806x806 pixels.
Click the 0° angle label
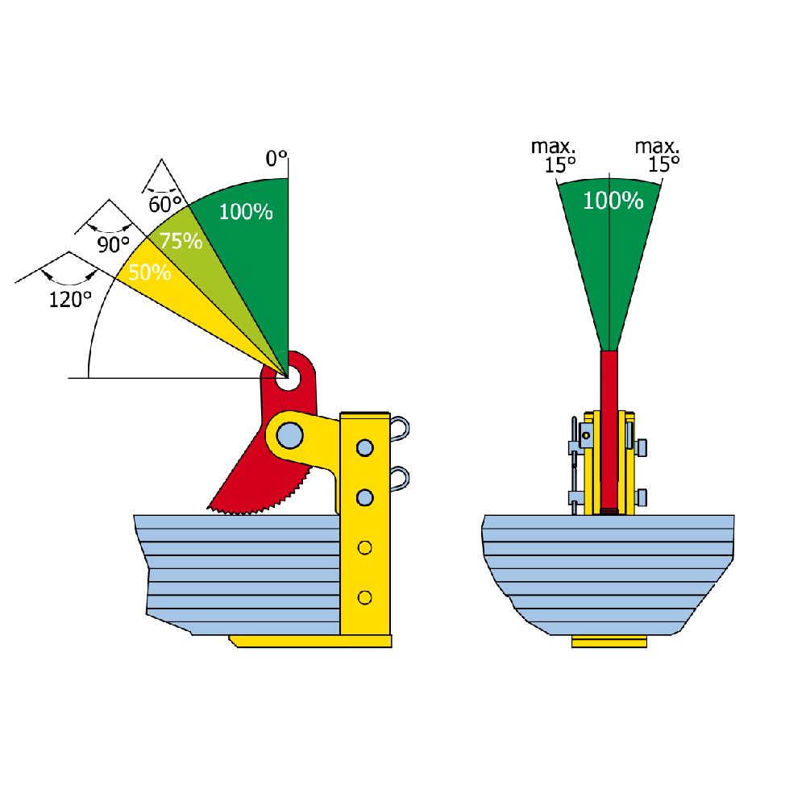276,159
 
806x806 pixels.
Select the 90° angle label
114,245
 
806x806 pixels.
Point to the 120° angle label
70,300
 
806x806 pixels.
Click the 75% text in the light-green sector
181,240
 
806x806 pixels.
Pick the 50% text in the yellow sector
150,272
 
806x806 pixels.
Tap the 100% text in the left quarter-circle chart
246,213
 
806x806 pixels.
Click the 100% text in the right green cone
613,201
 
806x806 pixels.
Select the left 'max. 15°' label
554,156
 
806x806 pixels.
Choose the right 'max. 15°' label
658,156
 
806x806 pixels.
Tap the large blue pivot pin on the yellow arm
288,436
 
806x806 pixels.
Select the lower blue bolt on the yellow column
364,498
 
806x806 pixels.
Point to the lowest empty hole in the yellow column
364,597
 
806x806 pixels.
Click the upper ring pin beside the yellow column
401,429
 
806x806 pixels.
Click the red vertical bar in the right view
609,427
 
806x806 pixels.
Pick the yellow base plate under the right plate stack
609,642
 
